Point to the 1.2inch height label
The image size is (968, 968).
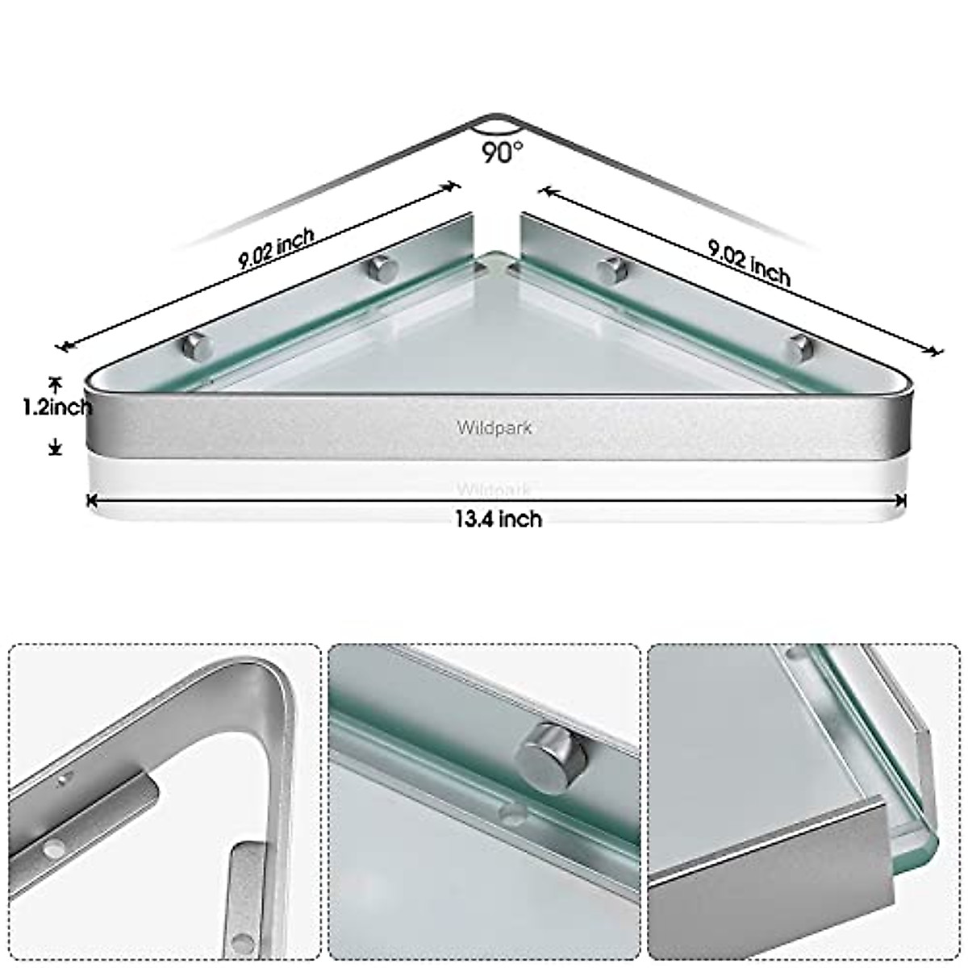56,407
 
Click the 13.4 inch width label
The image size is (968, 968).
498,519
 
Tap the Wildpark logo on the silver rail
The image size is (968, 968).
494,428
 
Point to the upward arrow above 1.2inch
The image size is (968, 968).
55,382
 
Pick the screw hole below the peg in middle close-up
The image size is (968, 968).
509,812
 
